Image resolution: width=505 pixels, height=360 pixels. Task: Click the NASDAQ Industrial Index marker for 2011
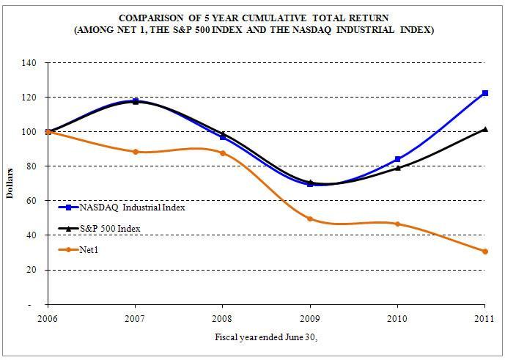click(x=484, y=93)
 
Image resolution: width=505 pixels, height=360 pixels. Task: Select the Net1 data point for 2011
click(x=484, y=251)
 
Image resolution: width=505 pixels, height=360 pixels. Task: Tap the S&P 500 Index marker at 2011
click(x=484, y=129)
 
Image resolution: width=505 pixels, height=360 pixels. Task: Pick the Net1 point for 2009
click(x=310, y=218)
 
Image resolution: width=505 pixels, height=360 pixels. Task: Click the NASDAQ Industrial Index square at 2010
click(x=397, y=159)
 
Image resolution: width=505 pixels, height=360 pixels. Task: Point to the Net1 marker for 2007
click(x=136, y=152)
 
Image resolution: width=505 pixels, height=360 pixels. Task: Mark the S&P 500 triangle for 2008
click(x=223, y=134)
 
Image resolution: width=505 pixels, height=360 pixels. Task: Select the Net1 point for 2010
click(x=397, y=224)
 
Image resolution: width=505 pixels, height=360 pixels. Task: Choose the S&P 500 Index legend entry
click(x=109, y=229)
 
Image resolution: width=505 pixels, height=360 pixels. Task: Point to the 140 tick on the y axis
click(x=31, y=63)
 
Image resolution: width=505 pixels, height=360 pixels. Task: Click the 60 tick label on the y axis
click(x=33, y=201)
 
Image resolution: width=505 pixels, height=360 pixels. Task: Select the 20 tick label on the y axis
click(x=33, y=270)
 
